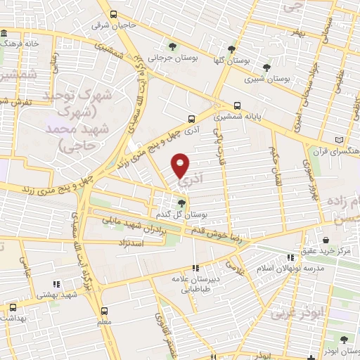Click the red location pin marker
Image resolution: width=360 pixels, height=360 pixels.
click(x=181, y=164)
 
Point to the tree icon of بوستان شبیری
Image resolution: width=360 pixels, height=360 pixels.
click(x=266, y=67)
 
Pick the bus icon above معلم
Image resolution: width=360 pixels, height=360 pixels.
click(x=104, y=311)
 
